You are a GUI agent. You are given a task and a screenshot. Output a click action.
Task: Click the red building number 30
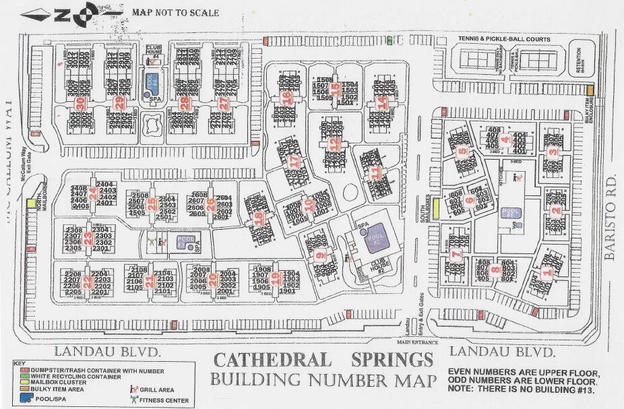coord(80,103)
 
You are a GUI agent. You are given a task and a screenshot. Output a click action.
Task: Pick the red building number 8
coord(495,270)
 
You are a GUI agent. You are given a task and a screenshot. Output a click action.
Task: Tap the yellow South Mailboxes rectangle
coord(436,209)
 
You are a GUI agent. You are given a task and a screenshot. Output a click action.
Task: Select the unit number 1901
coord(288,290)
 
